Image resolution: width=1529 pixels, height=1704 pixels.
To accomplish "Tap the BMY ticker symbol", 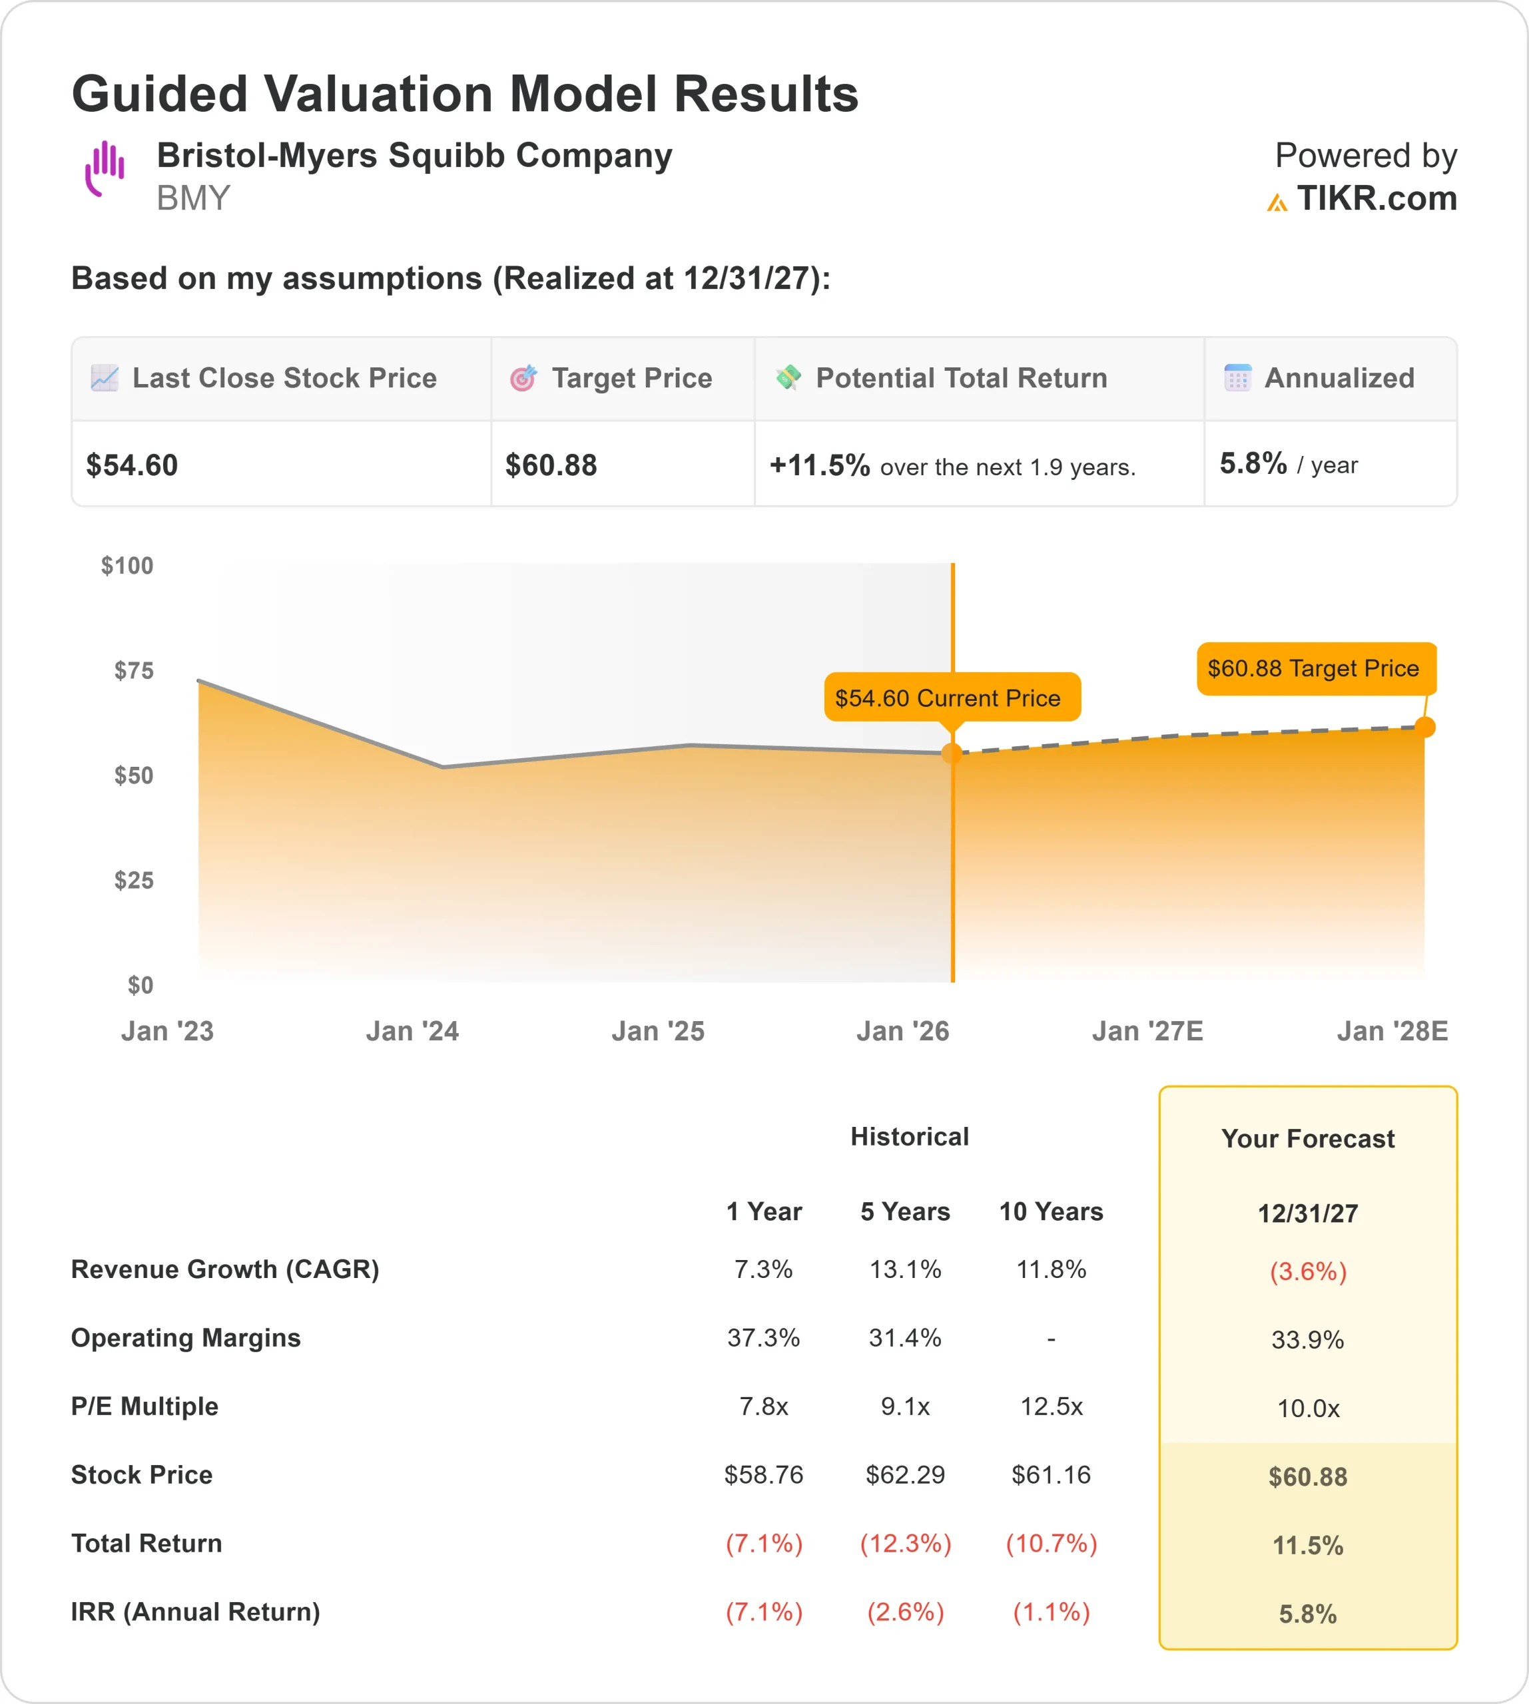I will [x=193, y=199].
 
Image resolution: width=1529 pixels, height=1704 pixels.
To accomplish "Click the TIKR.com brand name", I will [x=1376, y=199].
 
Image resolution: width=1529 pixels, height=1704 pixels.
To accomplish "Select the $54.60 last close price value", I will [x=132, y=465].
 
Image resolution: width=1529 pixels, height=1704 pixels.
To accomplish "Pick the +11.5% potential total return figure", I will [x=819, y=465].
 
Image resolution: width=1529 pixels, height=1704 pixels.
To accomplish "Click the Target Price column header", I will [x=631, y=379].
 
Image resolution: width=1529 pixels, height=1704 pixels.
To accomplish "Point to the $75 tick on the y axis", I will [x=134, y=670].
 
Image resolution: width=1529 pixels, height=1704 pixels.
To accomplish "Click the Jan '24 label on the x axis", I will [x=412, y=1031].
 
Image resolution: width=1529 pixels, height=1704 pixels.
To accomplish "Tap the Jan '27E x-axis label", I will [x=1147, y=1031].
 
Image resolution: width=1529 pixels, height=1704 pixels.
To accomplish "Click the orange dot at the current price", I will [x=952, y=753].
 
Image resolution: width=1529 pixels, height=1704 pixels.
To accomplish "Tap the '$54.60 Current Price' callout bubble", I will [x=951, y=698].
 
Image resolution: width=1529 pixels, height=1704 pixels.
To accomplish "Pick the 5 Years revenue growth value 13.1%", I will [x=905, y=1269].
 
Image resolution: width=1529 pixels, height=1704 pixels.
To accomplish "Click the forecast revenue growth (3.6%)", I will [x=1307, y=1271].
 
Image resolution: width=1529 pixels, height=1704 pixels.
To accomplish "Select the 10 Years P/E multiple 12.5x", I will [x=1051, y=1406].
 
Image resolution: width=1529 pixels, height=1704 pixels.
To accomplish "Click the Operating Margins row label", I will [x=186, y=1338].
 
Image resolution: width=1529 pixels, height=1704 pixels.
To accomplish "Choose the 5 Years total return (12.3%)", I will [x=905, y=1544].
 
